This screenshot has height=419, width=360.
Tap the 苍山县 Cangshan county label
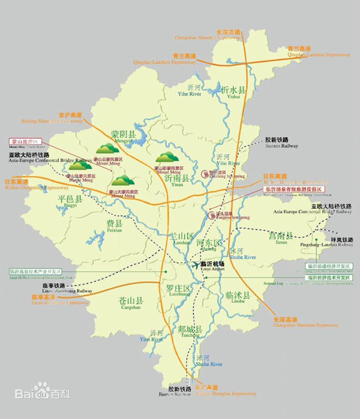tap(131, 301)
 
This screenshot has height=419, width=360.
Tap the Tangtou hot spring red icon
tap(212, 215)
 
